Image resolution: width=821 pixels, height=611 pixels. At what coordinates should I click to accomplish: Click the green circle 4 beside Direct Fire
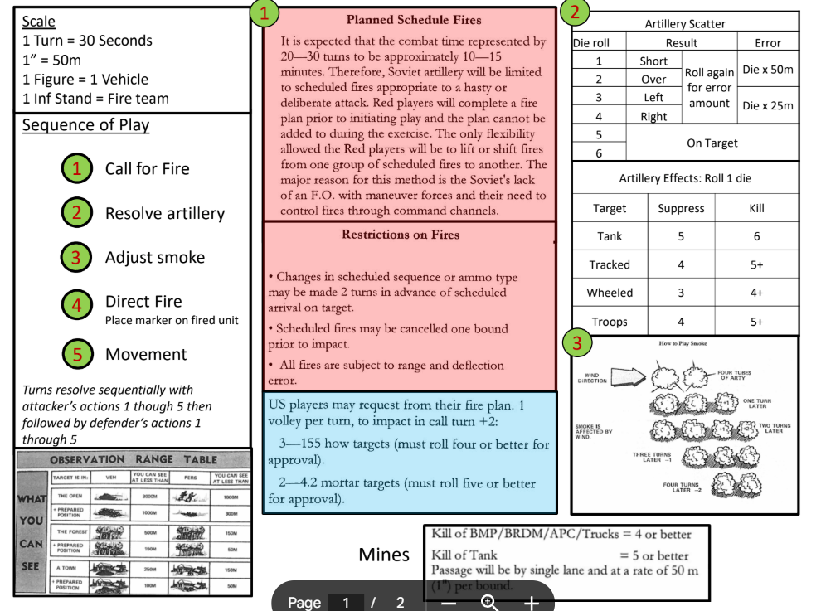coord(76,304)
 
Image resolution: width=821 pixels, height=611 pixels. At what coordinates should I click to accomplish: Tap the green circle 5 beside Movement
coord(76,354)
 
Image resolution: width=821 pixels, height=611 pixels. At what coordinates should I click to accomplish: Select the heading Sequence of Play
coord(85,125)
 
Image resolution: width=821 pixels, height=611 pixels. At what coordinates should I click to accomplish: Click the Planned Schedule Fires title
coord(413,20)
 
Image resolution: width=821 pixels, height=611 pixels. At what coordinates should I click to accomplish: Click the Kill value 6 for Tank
coord(756,236)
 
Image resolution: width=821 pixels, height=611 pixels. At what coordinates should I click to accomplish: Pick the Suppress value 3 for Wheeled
coord(681,293)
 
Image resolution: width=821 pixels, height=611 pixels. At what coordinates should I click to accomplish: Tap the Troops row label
coord(610,322)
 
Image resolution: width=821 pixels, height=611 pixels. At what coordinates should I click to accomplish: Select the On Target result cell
coord(712,143)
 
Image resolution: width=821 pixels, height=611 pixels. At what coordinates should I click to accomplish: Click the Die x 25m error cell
coord(767,105)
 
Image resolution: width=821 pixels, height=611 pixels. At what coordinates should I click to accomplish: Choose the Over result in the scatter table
coord(653,80)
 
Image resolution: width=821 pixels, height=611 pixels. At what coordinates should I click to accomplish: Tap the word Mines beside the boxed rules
coord(384,555)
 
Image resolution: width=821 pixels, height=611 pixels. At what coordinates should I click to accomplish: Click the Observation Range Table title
coord(133,459)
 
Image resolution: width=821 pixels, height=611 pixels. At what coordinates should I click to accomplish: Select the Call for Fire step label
coord(147,169)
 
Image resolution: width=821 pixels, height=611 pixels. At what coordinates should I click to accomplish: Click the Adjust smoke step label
coord(154,257)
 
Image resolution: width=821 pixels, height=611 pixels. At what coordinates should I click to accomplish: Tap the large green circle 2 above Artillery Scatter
coord(576,12)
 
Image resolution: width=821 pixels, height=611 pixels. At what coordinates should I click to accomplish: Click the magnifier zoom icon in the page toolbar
coord(489,602)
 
